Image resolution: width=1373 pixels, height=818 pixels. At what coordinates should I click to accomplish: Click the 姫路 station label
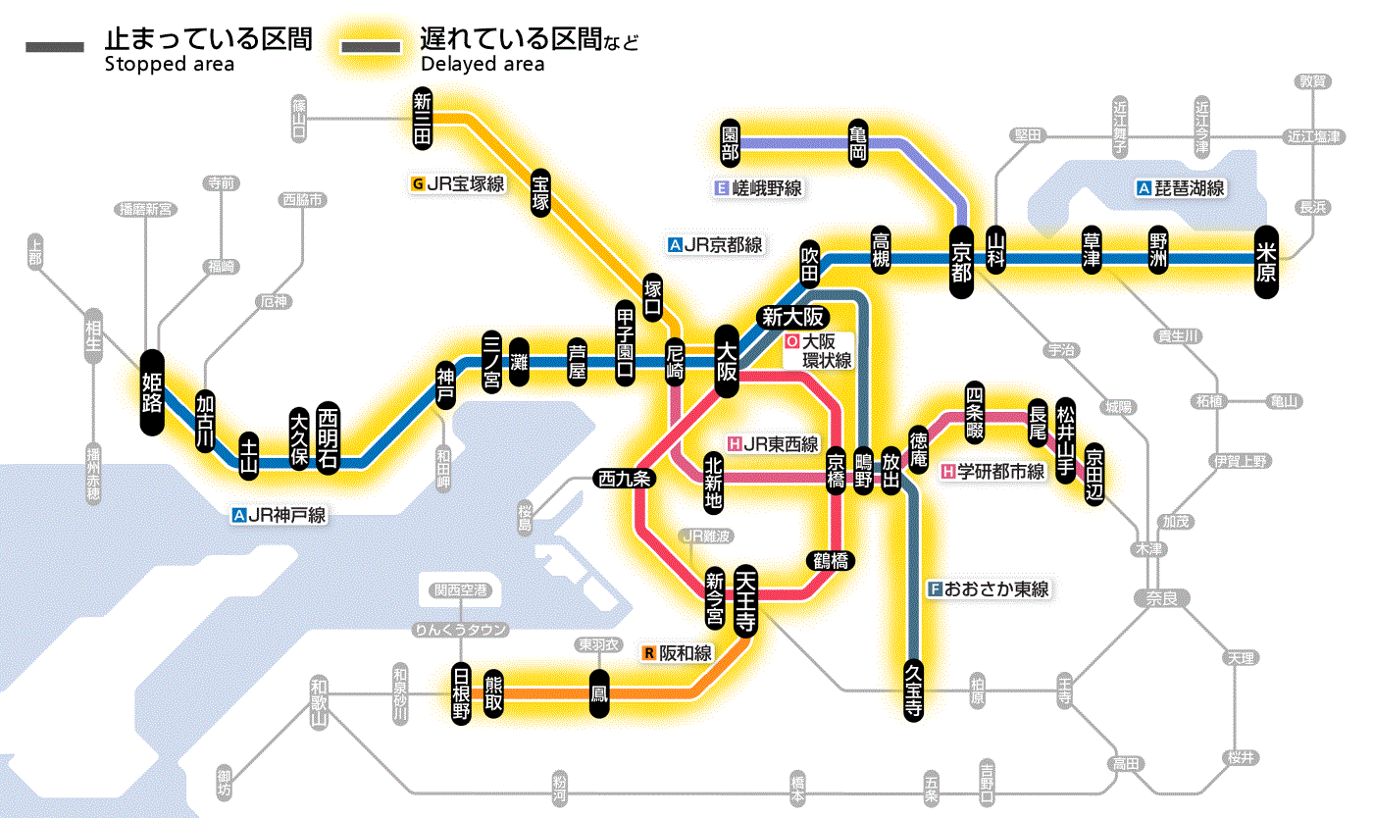point(152,392)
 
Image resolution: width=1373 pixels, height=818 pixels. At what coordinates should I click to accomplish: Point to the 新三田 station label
point(423,119)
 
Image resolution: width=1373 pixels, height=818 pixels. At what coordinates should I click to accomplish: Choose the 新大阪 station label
point(793,317)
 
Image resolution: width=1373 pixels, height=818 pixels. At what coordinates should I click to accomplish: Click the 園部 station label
point(730,143)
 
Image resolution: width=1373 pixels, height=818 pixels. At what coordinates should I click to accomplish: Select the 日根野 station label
point(461,693)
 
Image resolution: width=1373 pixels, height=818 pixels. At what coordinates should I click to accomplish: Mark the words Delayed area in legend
point(482,66)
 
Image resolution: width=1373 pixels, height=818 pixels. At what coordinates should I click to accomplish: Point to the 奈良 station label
point(1160,597)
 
